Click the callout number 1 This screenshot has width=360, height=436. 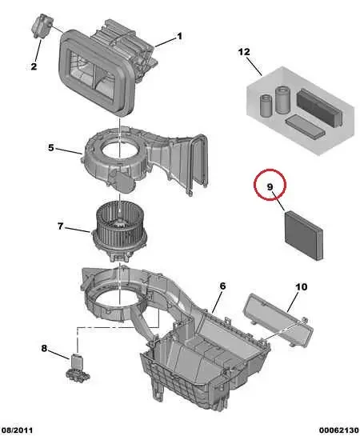coord(179,36)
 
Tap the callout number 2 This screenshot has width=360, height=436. coord(34,66)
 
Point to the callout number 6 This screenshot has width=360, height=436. coord(223,286)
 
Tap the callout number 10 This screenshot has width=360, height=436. coord(302,286)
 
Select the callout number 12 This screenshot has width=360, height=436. coord(245,53)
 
